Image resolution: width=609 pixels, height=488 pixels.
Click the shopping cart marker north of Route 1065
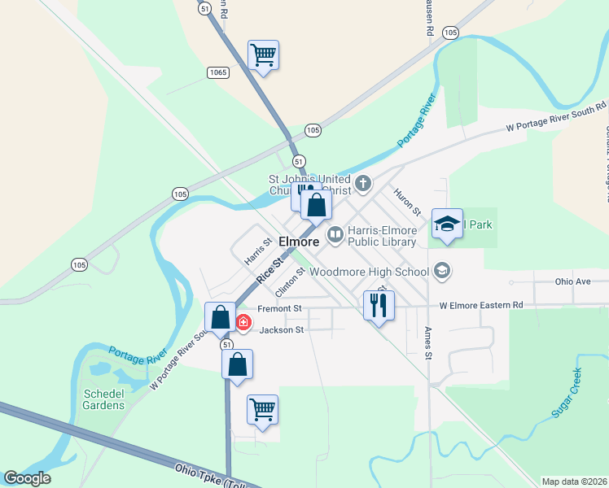(263, 55)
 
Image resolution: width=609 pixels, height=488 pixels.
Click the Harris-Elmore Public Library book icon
(335, 235)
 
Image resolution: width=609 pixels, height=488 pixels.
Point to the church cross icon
(363, 182)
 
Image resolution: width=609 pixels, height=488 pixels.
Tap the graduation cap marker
(447, 224)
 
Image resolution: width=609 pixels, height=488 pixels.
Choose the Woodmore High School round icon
(442, 270)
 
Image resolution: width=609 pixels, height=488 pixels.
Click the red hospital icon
(243, 323)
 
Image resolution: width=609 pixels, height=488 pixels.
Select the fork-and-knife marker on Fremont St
(379, 306)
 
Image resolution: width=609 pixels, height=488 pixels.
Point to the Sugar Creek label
(567, 394)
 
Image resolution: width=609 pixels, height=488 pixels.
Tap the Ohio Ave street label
(572, 282)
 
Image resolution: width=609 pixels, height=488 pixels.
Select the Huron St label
(407, 202)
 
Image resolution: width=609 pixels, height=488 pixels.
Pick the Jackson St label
(281, 330)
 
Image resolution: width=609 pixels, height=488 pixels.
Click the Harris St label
(258, 252)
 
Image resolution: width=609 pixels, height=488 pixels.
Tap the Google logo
(28, 478)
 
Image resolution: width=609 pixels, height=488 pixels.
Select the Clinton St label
(289, 281)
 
